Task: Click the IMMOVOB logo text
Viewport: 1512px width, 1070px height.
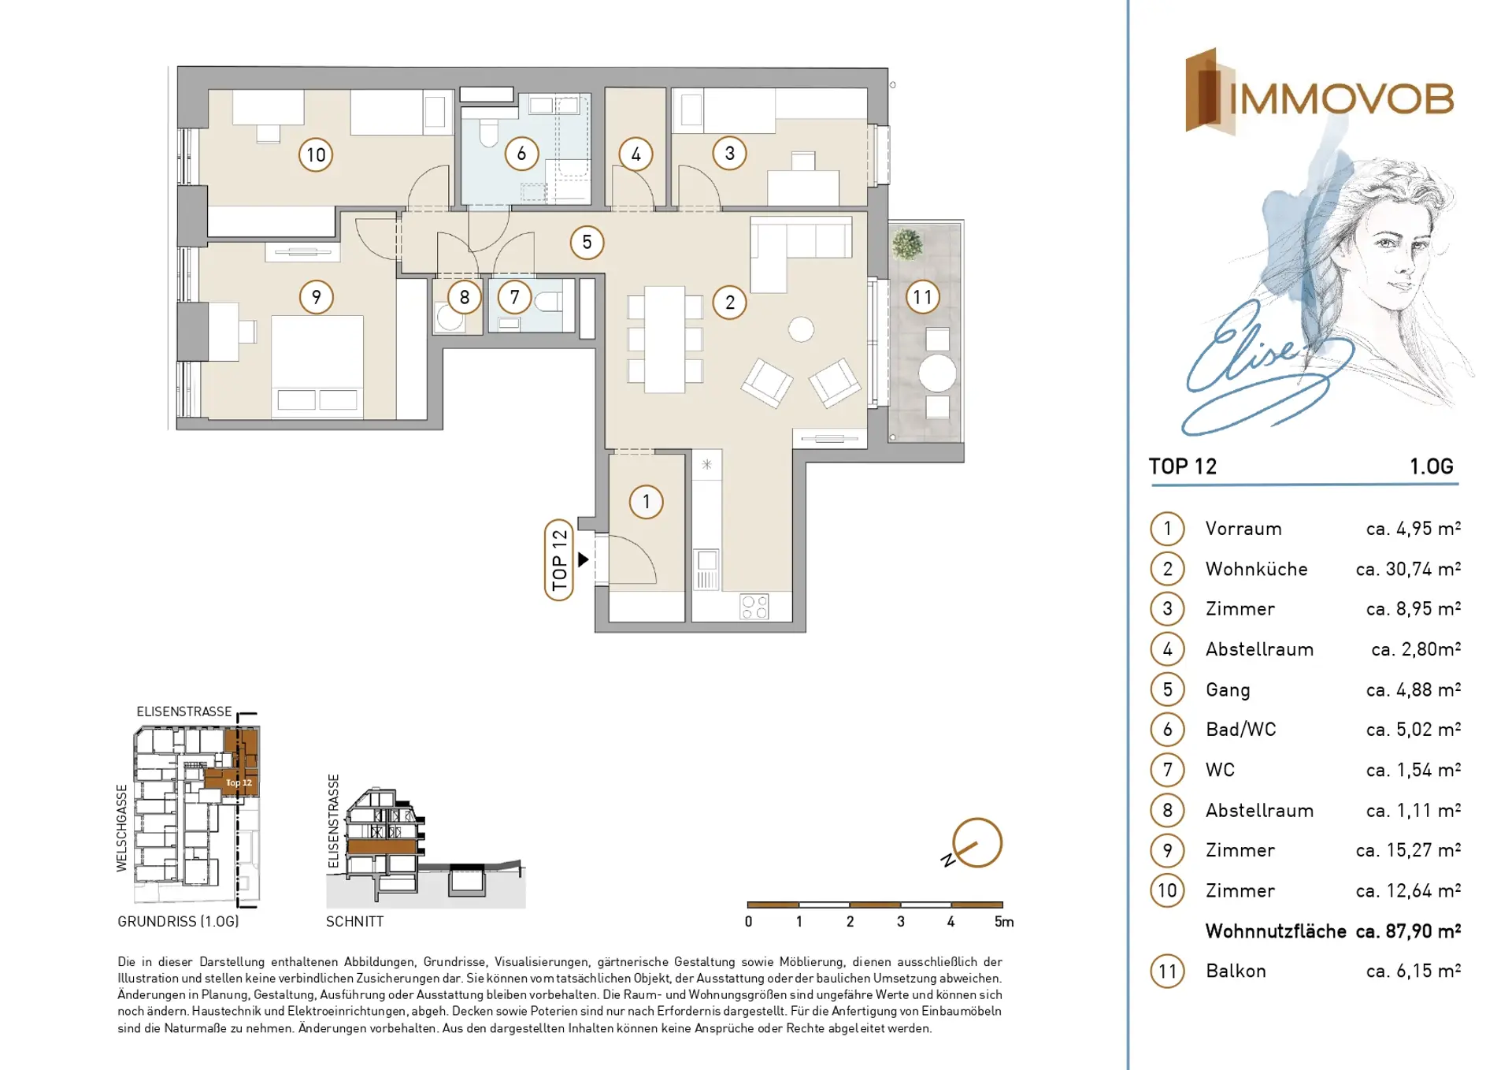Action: (x=1340, y=99)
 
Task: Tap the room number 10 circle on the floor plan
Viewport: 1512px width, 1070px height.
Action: (x=316, y=154)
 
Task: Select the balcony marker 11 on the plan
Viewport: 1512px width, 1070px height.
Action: (x=922, y=297)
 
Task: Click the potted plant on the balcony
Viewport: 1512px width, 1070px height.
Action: (x=907, y=244)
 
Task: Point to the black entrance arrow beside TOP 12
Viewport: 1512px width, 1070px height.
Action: (x=584, y=559)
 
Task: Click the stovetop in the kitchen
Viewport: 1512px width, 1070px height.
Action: (x=754, y=607)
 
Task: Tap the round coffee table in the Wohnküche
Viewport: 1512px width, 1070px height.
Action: (x=801, y=329)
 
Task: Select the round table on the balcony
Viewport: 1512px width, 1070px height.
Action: (x=937, y=373)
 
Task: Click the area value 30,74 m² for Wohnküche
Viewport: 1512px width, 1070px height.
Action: (x=1408, y=568)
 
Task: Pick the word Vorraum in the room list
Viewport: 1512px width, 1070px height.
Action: (x=1243, y=529)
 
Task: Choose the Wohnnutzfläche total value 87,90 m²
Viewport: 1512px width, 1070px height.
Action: (x=1408, y=931)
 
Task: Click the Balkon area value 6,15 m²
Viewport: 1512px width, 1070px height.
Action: (x=1414, y=971)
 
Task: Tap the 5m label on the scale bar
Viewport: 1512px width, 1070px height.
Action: (x=1004, y=922)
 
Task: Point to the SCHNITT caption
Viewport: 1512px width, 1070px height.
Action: (x=355, y=921)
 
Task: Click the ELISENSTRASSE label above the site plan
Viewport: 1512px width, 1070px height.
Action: (x=184, y=711)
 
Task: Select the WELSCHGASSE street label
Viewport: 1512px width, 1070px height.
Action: (x=122, y=828)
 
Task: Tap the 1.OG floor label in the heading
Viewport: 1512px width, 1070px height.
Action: (x=1431, y=466)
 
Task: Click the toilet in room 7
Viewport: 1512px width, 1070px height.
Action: (x=549, y=302)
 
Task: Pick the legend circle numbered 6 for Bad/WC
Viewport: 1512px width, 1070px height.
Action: (x=1167, y=730)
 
